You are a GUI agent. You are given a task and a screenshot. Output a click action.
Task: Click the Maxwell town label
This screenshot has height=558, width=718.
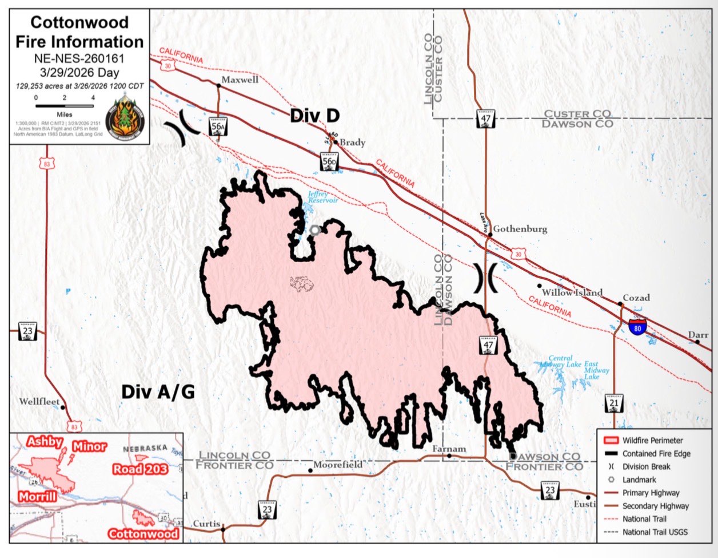(x=240, y=80)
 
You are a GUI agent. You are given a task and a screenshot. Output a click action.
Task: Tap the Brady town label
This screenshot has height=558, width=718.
(x=352, y=142)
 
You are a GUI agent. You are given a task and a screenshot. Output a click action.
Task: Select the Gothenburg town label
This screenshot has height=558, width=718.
(x=520, y=228)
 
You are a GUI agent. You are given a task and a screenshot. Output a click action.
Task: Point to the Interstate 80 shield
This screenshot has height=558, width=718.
(x=637, y=327)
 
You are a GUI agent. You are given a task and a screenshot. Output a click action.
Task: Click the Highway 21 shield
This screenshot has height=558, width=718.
(x=614, y=403)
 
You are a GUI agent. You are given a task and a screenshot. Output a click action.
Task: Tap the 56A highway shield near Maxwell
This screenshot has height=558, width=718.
(x=217, y=128)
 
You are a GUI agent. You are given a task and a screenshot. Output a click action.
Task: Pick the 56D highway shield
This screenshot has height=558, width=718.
(x=329, y=162)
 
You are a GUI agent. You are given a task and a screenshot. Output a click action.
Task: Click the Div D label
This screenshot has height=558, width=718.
(x=314, y=115)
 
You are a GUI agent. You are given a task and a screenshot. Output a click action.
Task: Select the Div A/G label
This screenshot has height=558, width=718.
(x=158, y=392)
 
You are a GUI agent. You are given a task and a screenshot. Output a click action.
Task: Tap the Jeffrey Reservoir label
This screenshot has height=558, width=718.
(x=323, y=197)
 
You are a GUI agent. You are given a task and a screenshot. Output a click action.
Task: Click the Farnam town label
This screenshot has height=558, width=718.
(x=449, y=449)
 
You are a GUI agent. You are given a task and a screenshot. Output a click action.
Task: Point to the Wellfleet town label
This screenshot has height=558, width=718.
(x=39, y=401)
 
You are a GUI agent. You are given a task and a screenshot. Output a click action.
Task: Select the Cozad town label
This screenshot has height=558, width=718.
(x=636, y=298)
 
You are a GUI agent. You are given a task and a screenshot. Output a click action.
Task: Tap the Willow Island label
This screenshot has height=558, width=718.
(x=572, y=292)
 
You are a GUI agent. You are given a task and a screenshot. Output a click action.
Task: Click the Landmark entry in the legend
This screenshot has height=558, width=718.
(x=639, y=480)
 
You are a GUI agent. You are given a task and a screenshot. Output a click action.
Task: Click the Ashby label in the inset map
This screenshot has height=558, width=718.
(x=44, y=442)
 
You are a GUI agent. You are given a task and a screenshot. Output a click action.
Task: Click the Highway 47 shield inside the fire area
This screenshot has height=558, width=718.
(x=488, y=345)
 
